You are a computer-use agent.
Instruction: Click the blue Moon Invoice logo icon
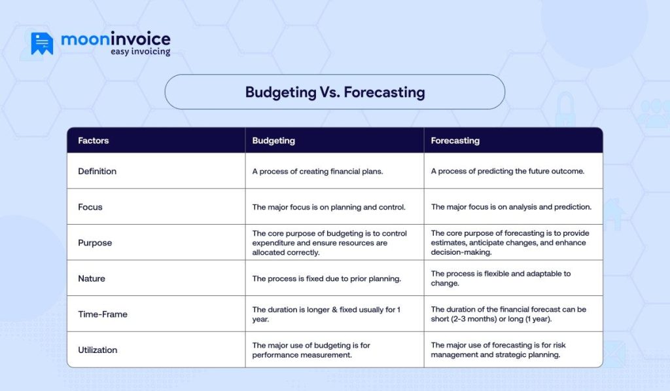(42, 43)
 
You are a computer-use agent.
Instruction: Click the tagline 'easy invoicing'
(139, 52)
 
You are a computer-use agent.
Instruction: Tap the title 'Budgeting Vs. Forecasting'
(334, 92)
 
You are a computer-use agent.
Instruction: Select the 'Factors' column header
(93, 140)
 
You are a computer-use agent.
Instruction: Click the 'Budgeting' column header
(273, 140)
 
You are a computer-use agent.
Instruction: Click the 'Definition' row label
(97, 171)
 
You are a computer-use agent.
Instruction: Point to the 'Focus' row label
(90, 207)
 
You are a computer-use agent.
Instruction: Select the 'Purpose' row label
(95, 242)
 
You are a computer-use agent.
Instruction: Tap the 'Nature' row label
(92, 278)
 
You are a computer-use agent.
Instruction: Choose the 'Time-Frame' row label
(103, 314)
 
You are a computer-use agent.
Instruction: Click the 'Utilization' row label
(97, 350)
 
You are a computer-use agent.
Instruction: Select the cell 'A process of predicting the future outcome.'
(507, 172)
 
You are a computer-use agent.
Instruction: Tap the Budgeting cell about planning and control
(328, 207)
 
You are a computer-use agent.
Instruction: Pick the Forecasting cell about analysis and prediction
(511, 207)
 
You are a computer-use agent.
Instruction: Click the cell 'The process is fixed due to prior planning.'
(326, 278)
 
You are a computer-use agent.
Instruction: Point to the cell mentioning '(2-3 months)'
(508, 314)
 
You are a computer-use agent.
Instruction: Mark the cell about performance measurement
(311, 350)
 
